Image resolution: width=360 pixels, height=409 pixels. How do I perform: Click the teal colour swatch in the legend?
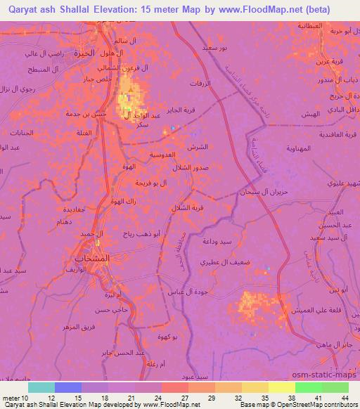pyautogui.click(x=41, y=387)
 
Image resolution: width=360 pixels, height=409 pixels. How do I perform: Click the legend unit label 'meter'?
pyautogui.click(x=12, y=398)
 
